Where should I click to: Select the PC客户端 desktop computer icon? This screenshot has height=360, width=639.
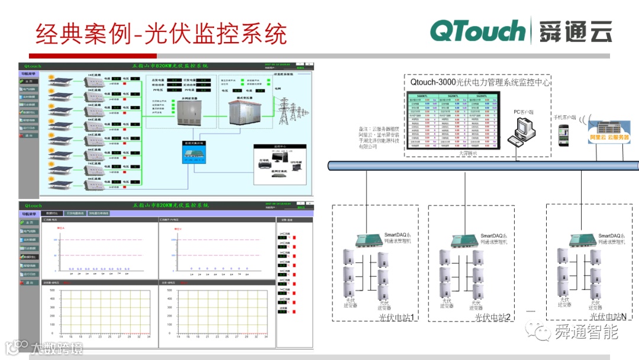pos(521,130)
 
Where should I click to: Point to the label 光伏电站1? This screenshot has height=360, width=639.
pos(397,317)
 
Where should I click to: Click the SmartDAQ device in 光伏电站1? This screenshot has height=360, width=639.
pos(369,239)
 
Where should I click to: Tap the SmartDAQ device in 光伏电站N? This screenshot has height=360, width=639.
pos(582,239)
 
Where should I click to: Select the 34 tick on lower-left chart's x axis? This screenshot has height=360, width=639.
pos(149,336)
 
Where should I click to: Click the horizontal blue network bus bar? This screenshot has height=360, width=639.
pos(482,166)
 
